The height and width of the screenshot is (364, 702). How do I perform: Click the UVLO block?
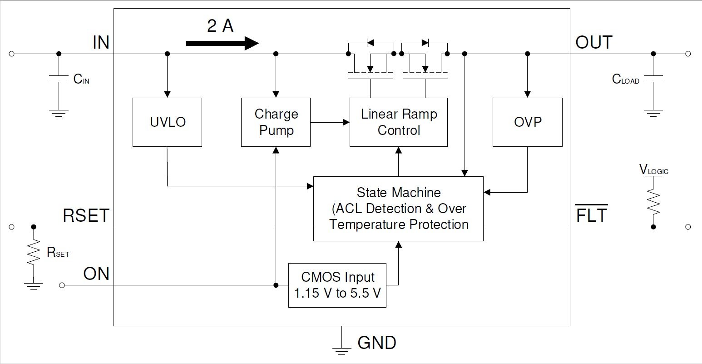(168, 122)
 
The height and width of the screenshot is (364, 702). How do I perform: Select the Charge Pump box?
(276, 122)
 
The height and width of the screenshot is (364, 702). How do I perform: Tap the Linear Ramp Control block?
(399, 122)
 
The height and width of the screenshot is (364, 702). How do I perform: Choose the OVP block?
(528, 122)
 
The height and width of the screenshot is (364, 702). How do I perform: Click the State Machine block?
(398, 209)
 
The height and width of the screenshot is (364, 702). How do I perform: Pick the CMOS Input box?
(337, 285)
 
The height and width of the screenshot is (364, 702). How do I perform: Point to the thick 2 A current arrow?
(222, 43)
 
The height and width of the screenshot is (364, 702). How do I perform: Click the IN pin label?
(101, 42)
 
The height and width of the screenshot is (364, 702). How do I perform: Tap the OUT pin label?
(594, 42)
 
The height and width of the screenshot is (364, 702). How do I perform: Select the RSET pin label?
(86, 215)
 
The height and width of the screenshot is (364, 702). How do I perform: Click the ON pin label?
(96, 274)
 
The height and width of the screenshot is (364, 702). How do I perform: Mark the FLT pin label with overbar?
(592, 214)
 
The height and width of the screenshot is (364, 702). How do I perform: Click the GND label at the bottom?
(377, 343)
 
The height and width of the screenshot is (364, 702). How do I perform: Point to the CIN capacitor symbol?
(59, 79)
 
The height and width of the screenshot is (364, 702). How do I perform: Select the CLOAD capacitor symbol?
(653, 79)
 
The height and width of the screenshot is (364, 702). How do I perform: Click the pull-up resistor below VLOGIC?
(653, 202)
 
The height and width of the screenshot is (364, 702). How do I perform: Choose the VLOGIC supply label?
(654, 170)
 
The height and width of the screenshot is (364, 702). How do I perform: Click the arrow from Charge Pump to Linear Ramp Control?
(330, 122)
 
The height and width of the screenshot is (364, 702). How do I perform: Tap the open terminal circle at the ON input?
(62, 285)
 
